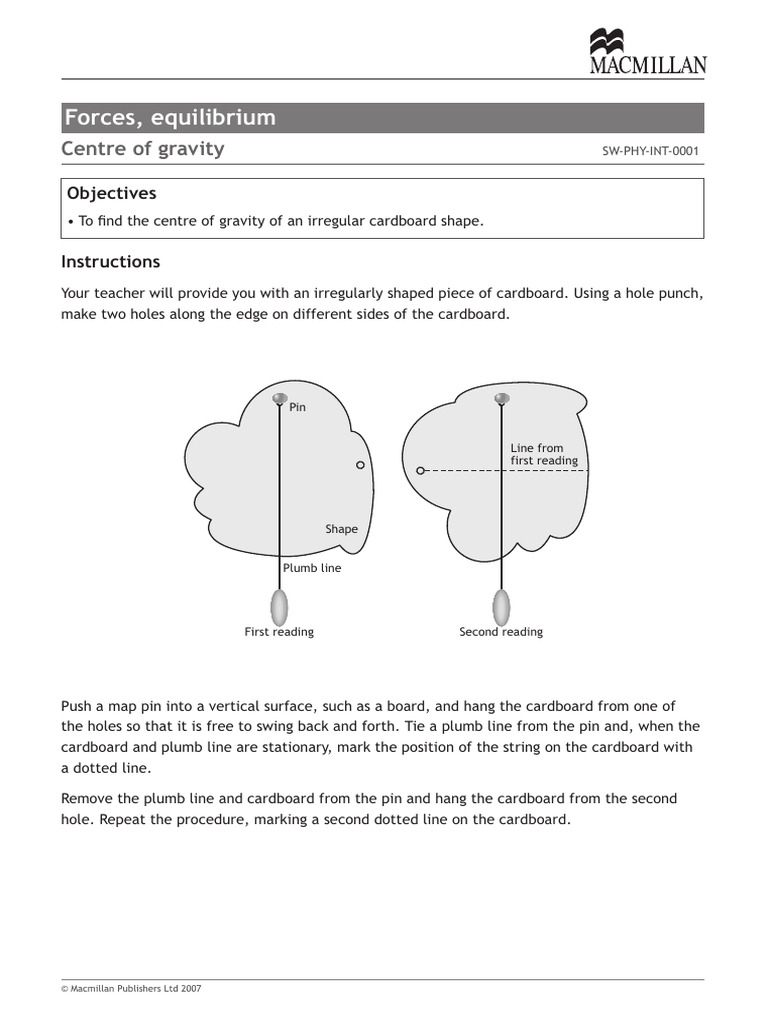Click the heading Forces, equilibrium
tap(170, 118)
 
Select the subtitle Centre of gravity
tap(143, 149)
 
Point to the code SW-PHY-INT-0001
tap(650, 152)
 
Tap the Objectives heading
tap(111, 193)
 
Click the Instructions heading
tap(111, 262)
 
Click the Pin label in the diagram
tap(297, 407)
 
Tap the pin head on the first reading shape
tap(279, 399)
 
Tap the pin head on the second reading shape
tap(502, 399)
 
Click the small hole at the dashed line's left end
tap(421, 470)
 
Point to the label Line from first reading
tap(544, 454)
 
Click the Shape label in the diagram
tap(341, 529)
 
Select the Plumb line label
tap(312, 568)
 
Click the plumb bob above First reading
tap(279, 606)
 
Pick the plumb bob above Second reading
tap(502, 606)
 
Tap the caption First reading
tap(279, 632)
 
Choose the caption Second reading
tap(501, 632)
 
